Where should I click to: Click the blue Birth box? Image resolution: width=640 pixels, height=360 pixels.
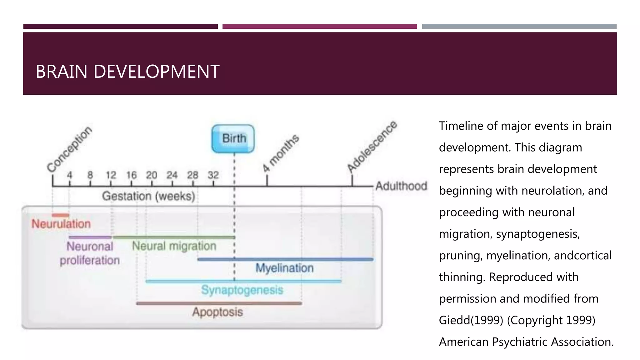click(x=233, y=138)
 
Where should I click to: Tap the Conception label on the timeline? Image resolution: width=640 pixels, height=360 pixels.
click(x=69, y=149)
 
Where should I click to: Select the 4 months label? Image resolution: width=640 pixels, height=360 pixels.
click(x=281, y=153)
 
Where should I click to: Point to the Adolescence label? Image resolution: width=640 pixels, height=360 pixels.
click(x=372, y=146)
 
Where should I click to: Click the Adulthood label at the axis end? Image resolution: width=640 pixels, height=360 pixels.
click(x=401, y=186)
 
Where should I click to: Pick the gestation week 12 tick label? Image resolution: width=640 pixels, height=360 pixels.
click(x=111, y=175)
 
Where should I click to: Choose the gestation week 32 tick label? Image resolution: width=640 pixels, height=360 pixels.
click(x=213, y=175)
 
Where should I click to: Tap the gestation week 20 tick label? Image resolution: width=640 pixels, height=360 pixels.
click(x=152, y=175)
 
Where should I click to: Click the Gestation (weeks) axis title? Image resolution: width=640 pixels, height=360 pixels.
click(x=148, y=196)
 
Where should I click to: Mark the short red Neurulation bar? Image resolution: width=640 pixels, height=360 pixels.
click(x=60, y=215)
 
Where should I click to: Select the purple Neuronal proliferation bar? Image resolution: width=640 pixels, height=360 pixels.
click(x=90, y=237)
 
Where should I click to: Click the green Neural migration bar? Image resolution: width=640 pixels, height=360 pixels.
click(x=174, y=237)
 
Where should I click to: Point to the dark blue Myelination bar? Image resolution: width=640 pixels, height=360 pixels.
click(x=285, y=259)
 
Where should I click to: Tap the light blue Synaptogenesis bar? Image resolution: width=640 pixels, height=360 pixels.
click(x=243, y=281)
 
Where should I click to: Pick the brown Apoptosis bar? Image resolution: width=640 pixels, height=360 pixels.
click(x=219, y=303)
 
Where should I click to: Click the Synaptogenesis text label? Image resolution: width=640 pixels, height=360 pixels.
click(x=242, y=290)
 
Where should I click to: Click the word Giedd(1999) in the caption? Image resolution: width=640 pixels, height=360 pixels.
click(x=471, y=320)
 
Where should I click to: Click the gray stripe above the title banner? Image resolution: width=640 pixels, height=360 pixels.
click(x=519, y=27)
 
